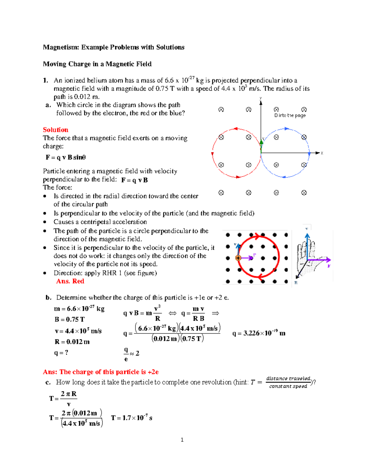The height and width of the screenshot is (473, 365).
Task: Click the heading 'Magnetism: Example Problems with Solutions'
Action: (113, 47)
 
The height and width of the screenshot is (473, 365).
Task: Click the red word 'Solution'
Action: (55, 130)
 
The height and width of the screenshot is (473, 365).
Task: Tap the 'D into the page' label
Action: (290, 115)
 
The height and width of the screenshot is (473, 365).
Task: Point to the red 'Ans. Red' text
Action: (70, 281)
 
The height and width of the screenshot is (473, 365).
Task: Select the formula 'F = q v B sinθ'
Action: (66, 157)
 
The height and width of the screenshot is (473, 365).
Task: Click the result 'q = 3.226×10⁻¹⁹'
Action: (259, 333)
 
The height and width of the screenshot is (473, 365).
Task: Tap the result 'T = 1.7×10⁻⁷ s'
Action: (131, 418)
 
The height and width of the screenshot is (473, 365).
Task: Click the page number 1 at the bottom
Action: (182, 439)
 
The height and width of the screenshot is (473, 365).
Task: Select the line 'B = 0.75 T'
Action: (70, 319)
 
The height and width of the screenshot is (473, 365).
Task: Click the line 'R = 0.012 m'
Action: (72, 342)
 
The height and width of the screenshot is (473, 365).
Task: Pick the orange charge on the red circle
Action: (238, 258)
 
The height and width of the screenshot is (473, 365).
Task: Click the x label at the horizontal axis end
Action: (322, 153)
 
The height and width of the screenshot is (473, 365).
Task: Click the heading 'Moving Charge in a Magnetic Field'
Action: (97, 64)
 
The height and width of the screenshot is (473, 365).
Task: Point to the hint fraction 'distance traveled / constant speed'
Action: (288, 382)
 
